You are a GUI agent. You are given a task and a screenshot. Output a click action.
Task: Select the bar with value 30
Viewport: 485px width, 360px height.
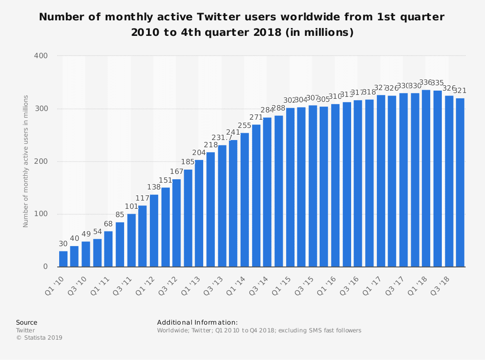pyautogui.click(x=63, y=259)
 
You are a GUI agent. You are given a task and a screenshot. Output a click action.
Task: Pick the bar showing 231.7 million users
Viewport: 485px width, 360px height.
pyautogui.click(x=222, y=206)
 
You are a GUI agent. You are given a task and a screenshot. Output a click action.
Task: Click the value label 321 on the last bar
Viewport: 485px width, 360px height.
pyautogui.click(x=460, y=91)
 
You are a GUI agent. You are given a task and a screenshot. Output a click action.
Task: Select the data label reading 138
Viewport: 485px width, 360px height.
pyautogui.click(x=154, y=187)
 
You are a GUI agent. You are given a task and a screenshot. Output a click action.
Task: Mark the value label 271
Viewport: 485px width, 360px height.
pyautogui.click(x=256, y=117)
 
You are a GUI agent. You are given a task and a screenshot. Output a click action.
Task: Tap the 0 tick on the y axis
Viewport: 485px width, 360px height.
pyautogui.click(x=45, y=267)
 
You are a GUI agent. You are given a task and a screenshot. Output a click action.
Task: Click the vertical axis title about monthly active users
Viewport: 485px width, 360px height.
pyautogui.click(x=26, y=161)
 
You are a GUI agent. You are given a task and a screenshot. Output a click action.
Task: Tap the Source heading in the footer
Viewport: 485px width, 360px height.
pyautogui.click(x=26, y=322)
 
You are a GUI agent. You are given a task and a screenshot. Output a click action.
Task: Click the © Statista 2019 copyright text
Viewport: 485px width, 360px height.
pyautogui.click(x=39, y=338)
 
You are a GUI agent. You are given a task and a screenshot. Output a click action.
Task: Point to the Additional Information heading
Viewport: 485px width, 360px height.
pyautogui.click(x=197, y=322)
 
